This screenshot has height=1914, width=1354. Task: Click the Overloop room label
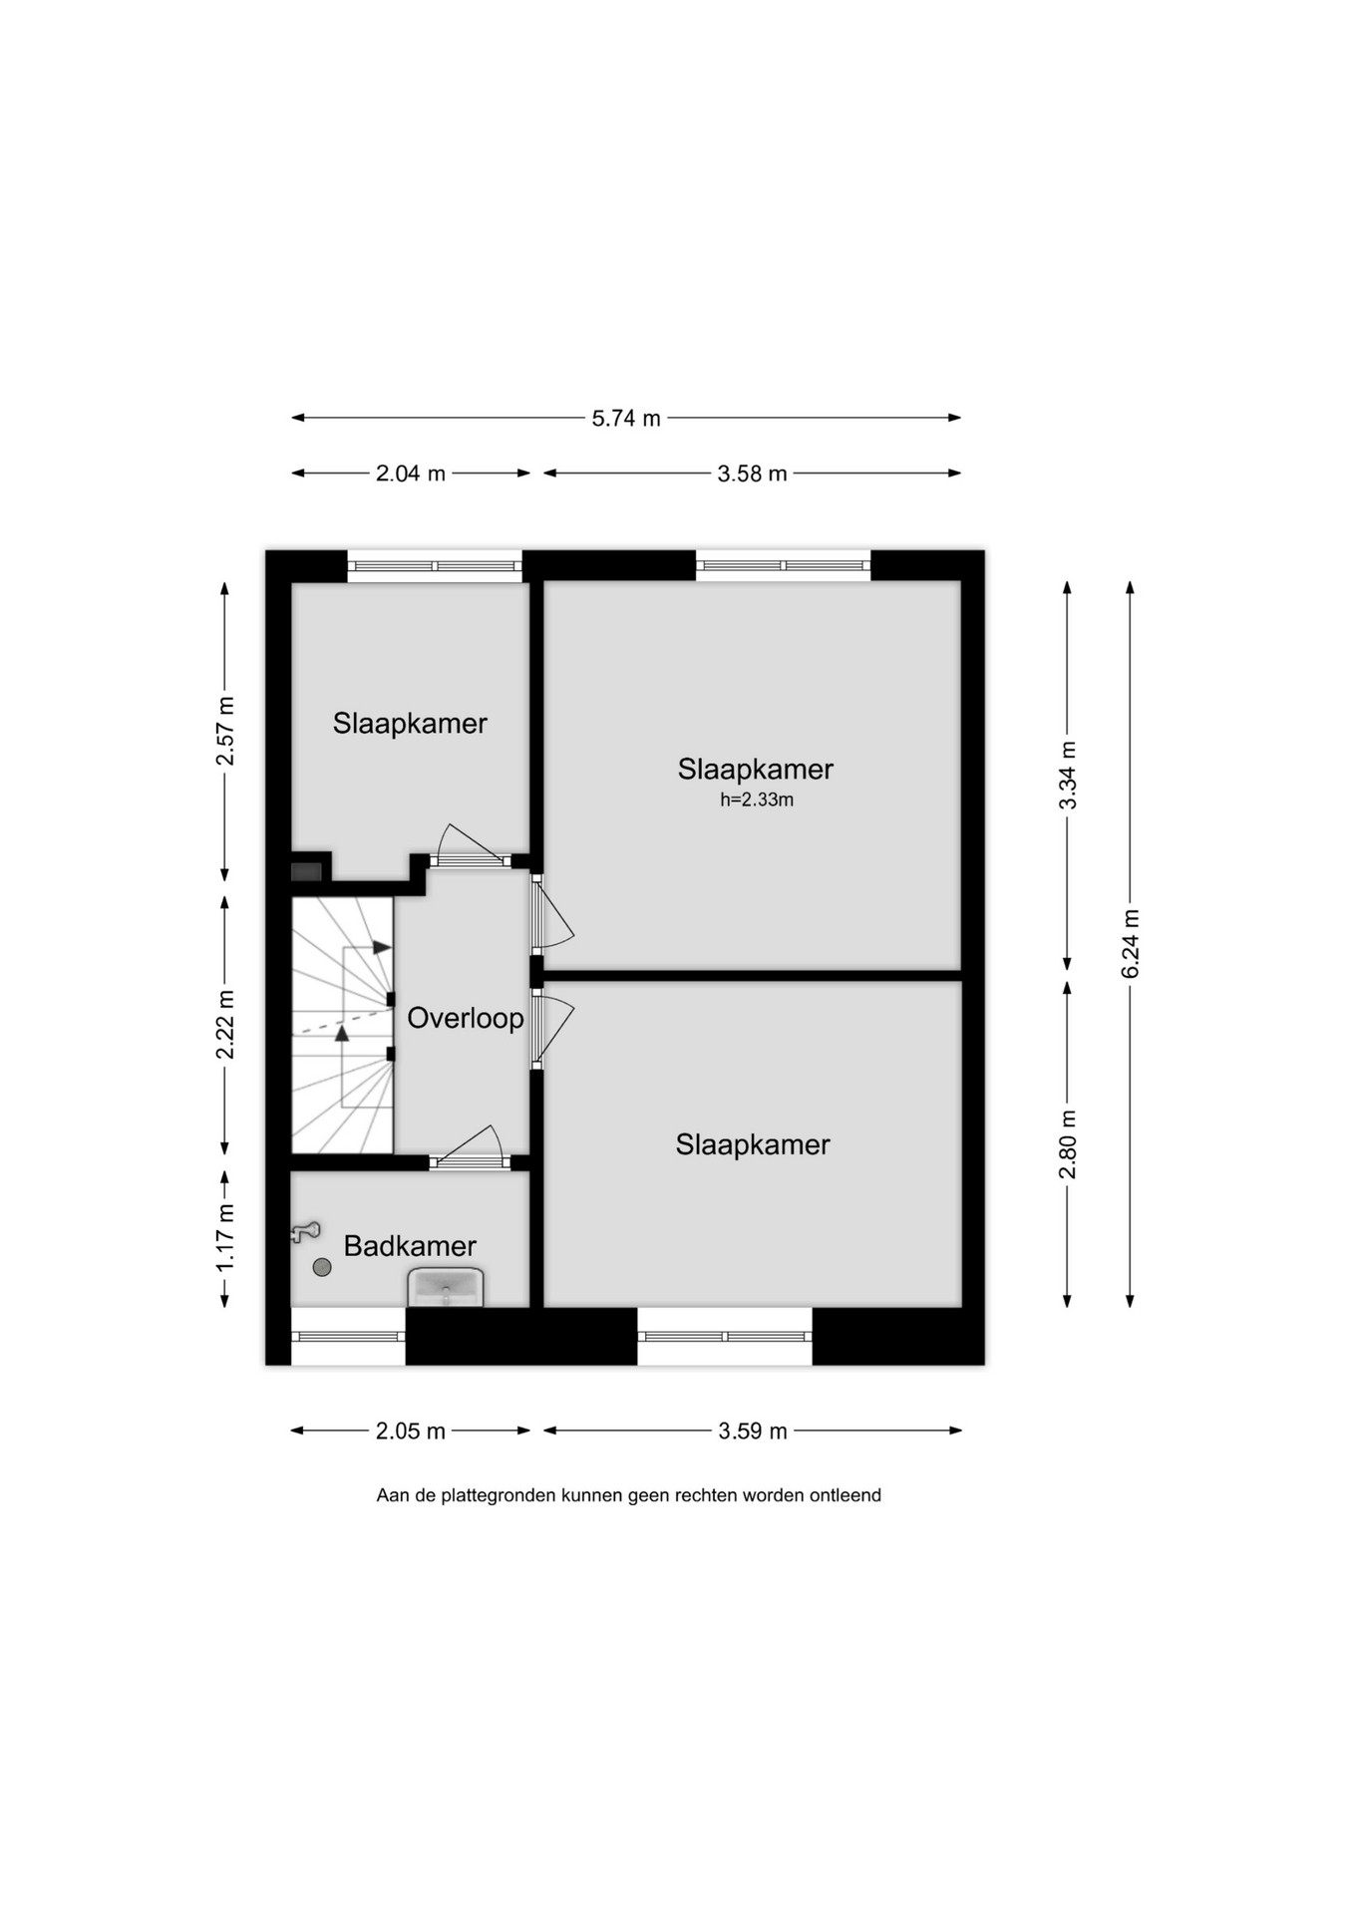466,1018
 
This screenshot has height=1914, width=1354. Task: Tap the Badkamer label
410,1245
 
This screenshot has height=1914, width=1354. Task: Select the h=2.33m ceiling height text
757,799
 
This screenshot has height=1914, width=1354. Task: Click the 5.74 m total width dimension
626,418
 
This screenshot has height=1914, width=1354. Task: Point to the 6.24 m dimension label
1130,944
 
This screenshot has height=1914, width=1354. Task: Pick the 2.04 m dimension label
410,474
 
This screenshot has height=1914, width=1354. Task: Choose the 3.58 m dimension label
752,474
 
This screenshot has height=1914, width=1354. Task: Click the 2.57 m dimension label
225,731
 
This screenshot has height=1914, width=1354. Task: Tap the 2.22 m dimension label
225,1024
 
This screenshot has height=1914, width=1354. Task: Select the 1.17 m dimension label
225,1237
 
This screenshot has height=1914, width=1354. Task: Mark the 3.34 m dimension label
1068,776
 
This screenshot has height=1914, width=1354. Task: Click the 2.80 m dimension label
1068,1144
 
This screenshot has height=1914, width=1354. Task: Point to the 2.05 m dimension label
410,1432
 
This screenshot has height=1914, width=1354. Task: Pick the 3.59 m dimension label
753,1432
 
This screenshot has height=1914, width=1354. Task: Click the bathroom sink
446,1287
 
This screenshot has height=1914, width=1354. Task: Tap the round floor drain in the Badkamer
322,1267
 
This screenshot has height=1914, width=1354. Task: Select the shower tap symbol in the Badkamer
305,1232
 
